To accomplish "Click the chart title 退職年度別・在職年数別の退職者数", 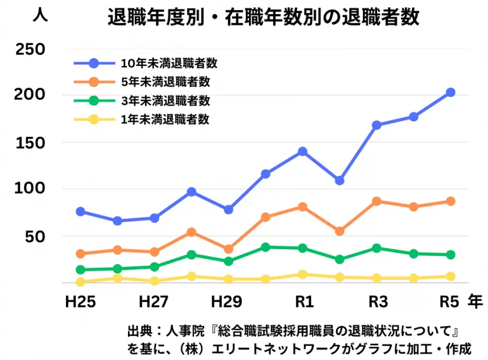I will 263,18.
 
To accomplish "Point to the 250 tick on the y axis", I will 29,49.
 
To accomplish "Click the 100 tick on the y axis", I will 29,189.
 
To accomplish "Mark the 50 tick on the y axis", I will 33,236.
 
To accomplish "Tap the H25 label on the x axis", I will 80,301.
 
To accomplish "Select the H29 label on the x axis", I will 228,301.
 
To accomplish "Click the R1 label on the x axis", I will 302,301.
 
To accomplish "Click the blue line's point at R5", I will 450,92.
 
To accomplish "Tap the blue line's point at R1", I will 303,151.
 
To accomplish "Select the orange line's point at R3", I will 377,201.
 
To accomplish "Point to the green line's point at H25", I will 80,270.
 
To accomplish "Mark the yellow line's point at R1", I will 303,275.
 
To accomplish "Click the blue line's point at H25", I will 80,212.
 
